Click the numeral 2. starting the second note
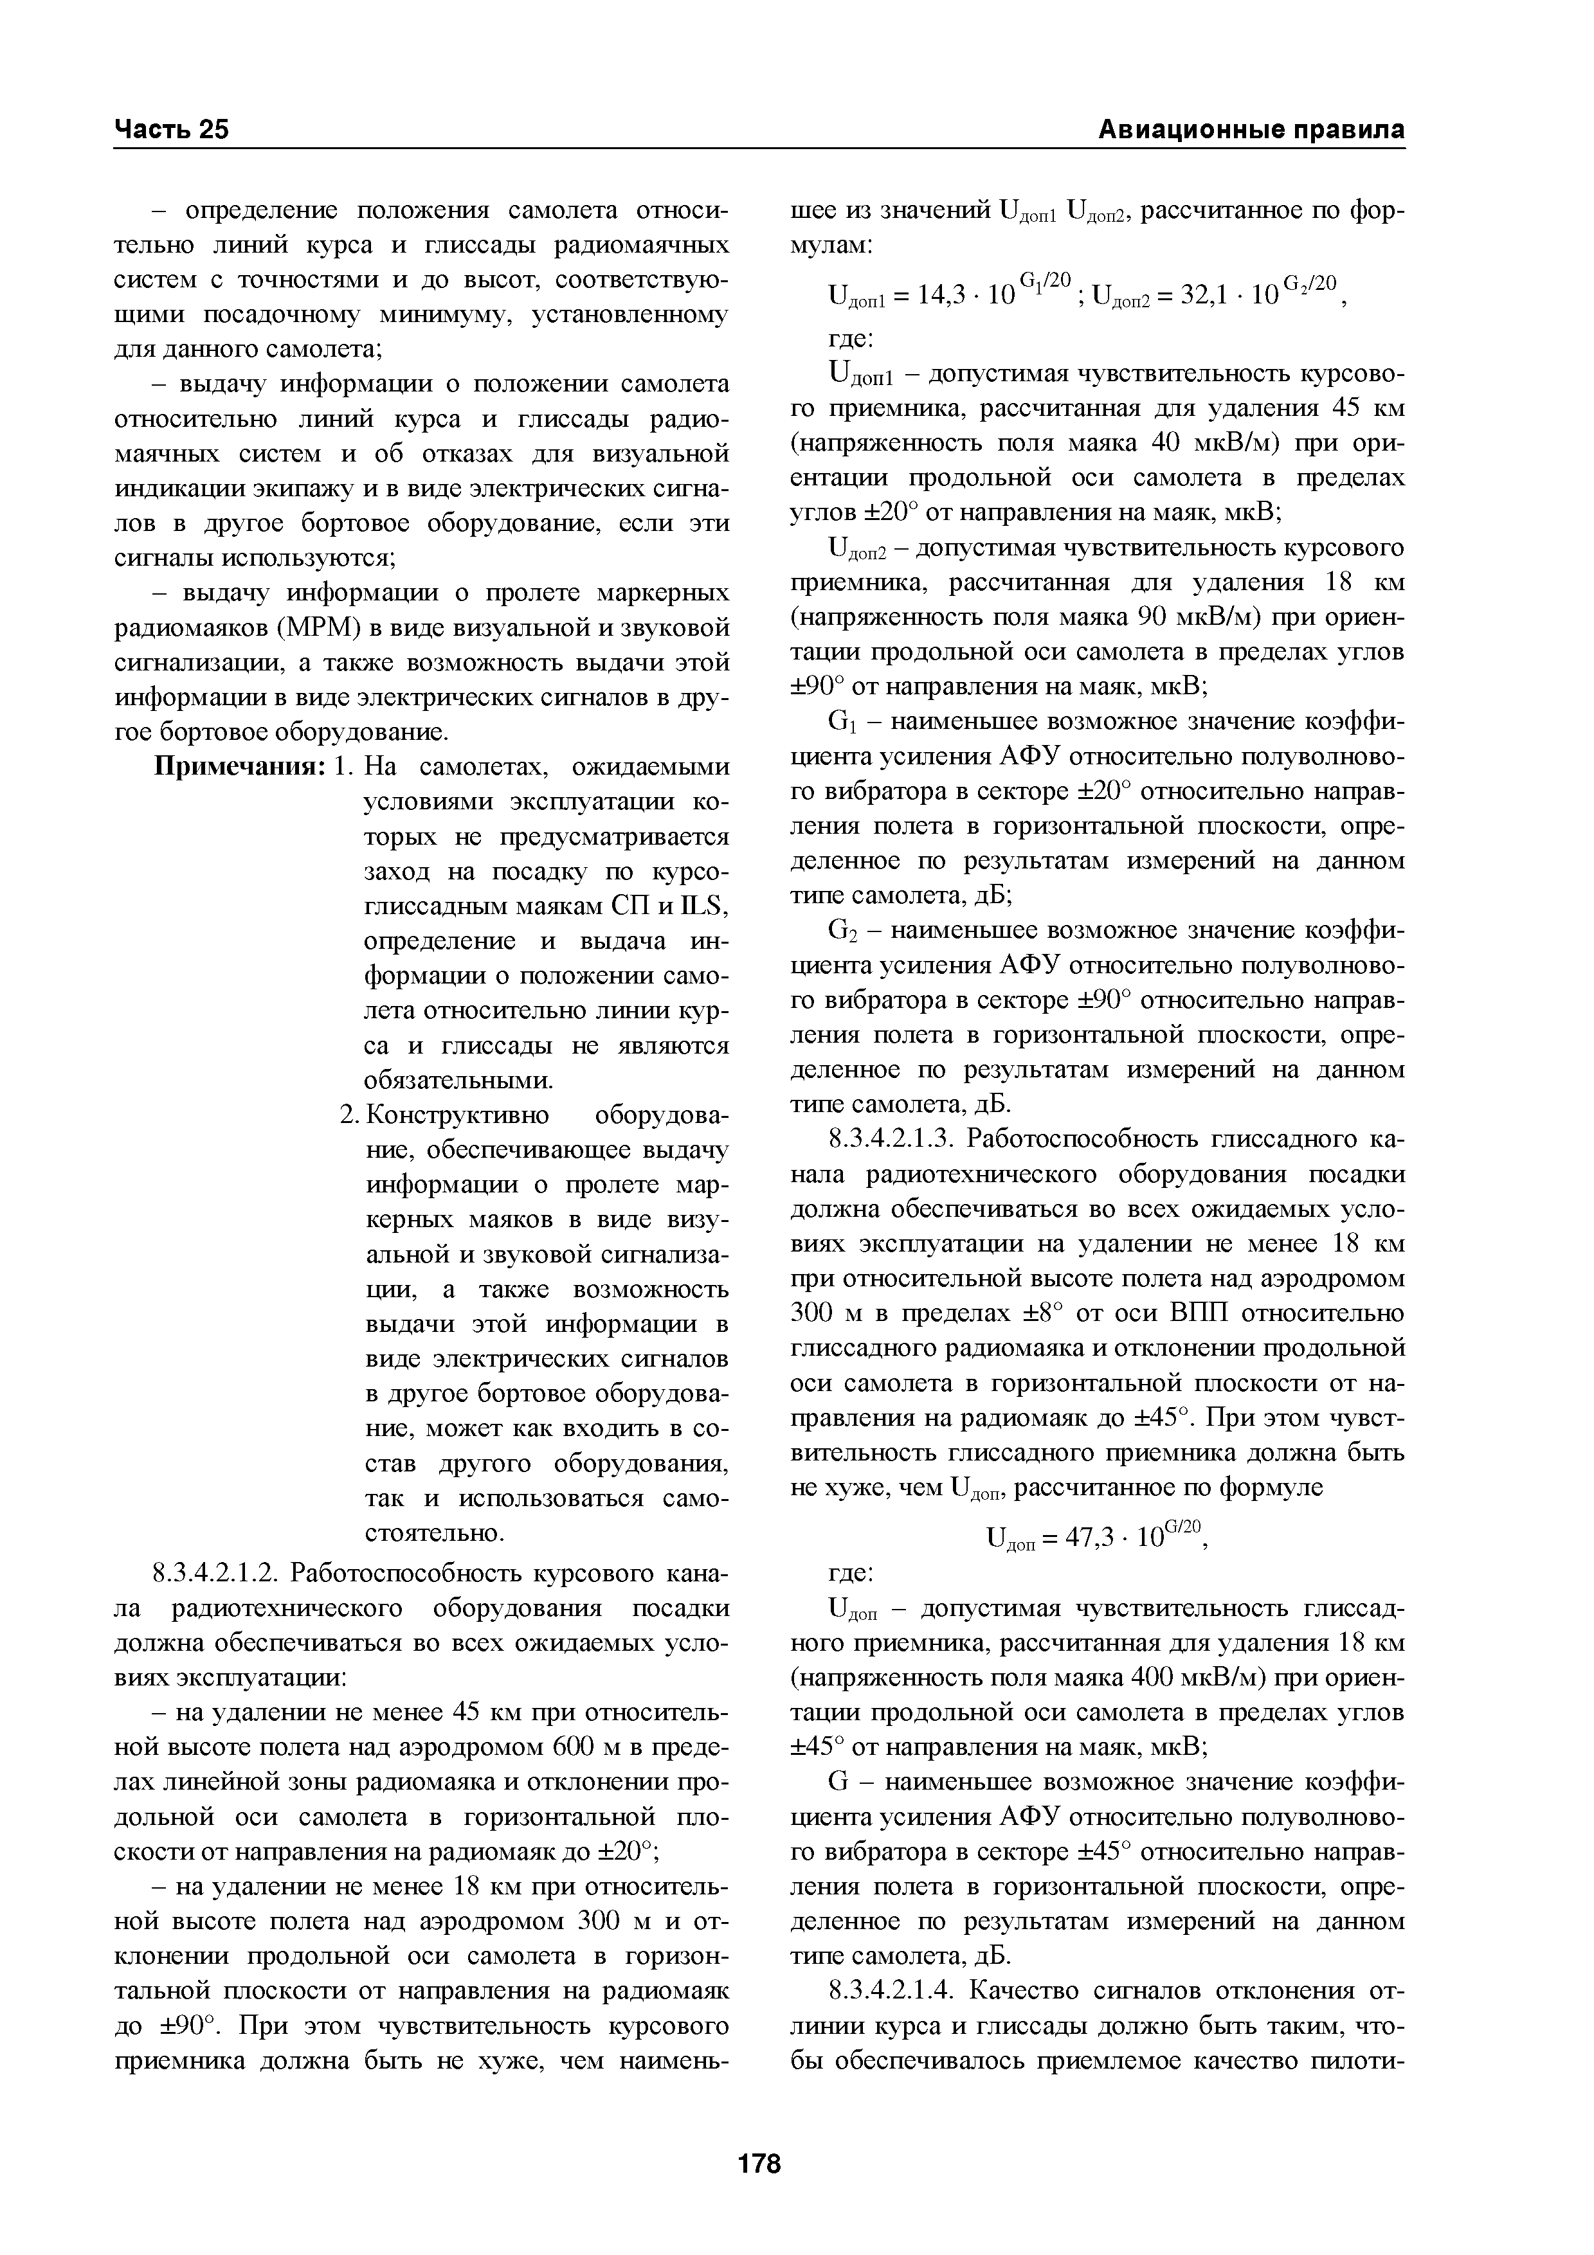click(349, 1116)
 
